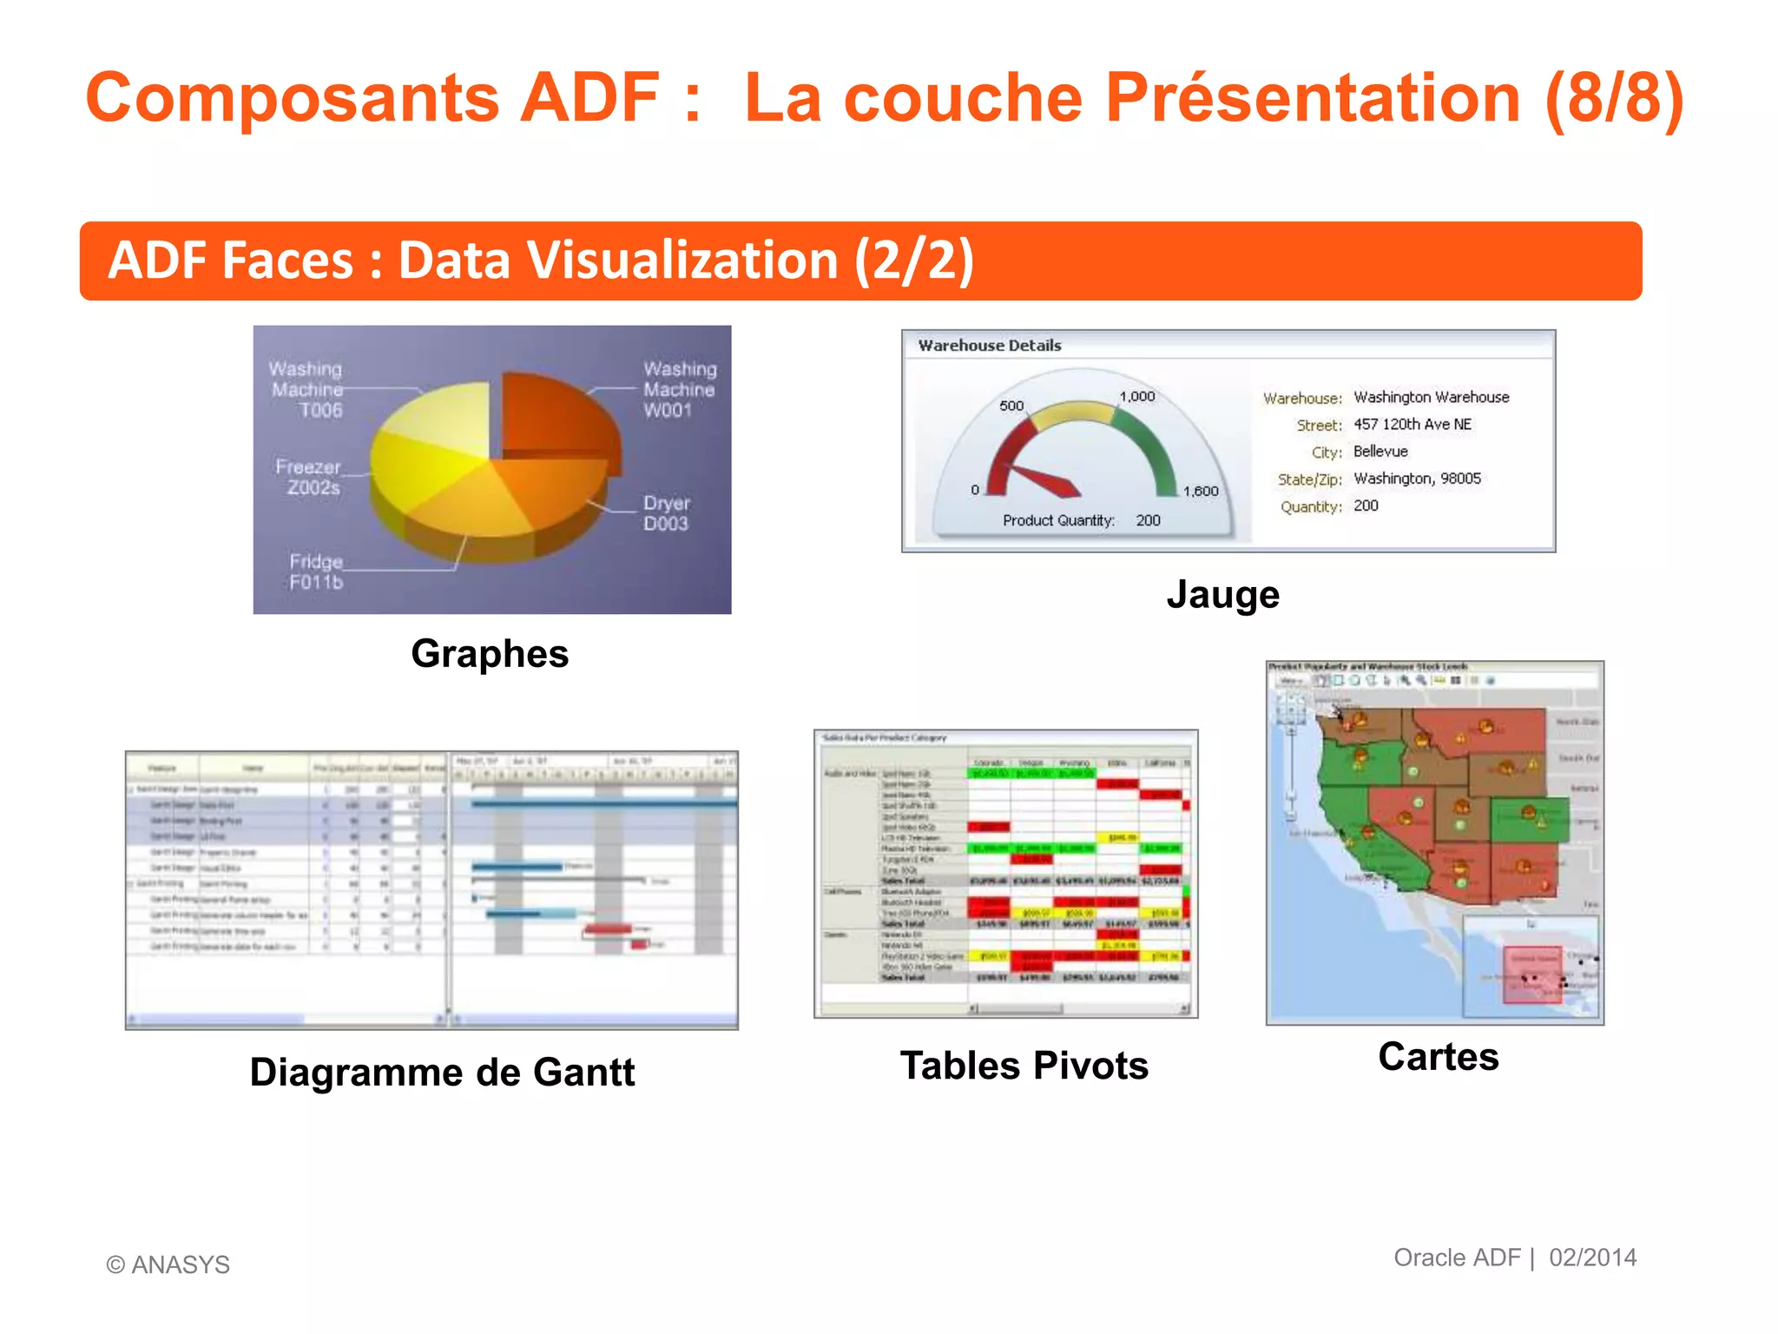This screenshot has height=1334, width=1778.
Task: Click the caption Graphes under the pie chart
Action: [x=490, y=654]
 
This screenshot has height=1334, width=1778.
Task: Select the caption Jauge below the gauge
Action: [x=1222, y=595]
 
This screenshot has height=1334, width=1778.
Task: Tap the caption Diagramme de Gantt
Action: [x=442, y=1073]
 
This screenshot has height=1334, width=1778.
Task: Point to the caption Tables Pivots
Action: [x=1024, y=1066]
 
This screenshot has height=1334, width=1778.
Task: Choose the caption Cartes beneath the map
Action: [x=1438, y=1057]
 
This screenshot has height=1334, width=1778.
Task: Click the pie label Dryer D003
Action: [x=666, y=513]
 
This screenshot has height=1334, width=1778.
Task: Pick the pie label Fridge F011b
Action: [x=316, y=571]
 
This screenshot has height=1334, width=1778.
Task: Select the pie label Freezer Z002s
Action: [x=308, y=477]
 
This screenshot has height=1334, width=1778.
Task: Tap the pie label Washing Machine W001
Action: [x=679, y=389]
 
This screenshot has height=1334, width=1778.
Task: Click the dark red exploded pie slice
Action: [x=556, y=417]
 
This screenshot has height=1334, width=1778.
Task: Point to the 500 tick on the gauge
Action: [x=1011, y=406]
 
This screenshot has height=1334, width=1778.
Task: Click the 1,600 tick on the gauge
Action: [x=1201, y=491]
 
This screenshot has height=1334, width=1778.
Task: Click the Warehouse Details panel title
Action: [x=990, y=346]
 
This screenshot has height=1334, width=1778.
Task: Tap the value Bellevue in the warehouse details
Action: [x=1380, y=452]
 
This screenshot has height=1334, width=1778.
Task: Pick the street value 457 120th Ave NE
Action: [x=1413, y=425]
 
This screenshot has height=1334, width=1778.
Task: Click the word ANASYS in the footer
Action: [x=181, y=1265]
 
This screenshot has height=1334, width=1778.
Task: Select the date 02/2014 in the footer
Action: [x=1593, y=1258]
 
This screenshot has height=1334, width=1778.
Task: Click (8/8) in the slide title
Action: [x=1614, y=97]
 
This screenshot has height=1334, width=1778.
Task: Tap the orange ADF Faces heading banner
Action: [x=859, y=261]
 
